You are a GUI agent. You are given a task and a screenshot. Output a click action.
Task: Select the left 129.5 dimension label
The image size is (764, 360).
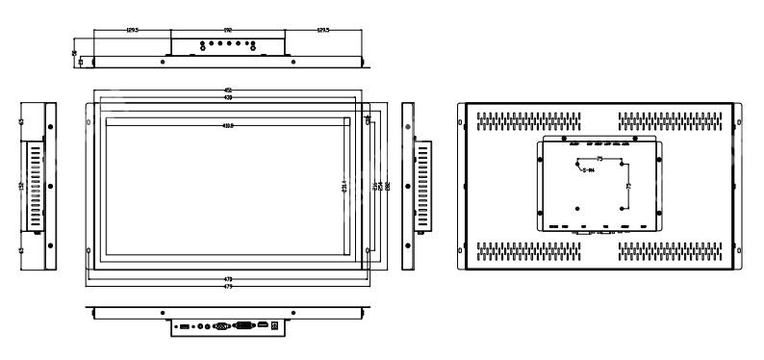133,30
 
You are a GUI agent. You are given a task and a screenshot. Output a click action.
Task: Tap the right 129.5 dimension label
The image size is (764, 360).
324,30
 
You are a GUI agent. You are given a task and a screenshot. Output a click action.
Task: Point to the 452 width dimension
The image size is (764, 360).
228,91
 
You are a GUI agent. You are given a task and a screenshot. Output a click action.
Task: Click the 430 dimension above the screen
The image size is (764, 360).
228,98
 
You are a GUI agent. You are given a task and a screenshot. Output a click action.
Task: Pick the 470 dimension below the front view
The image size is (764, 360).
228,278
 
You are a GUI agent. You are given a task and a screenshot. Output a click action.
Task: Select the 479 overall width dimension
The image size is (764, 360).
228,286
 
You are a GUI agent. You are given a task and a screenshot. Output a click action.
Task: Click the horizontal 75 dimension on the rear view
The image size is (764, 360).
600,157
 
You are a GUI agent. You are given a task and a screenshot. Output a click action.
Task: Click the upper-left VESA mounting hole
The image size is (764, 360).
576,161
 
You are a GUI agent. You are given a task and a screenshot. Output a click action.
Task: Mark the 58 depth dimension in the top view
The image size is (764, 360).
77,53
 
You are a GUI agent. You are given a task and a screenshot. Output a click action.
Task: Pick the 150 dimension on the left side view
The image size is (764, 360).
21,186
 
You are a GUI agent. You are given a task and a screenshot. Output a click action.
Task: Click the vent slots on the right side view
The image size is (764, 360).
420,186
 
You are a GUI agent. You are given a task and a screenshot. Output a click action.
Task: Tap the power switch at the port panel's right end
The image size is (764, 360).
278,327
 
